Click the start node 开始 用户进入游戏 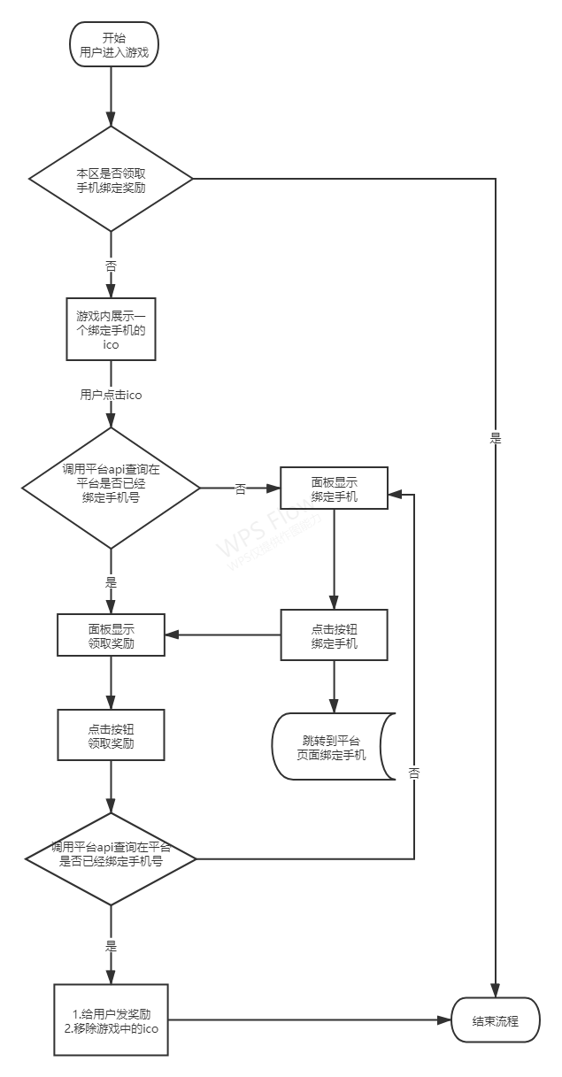[x=112, y=45]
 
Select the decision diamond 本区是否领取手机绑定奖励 [x=112, y=180]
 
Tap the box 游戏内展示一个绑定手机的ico [x=112, y=329]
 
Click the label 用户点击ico [x=111, y=395]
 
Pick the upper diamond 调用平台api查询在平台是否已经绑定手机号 [x=112, y=487]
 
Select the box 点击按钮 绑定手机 [x=335, y=635]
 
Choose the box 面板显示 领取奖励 [x=112, y=635]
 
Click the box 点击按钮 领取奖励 [x=112, y=735]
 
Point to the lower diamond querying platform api [x=111, y=858]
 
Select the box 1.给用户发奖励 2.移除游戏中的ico [x=112, y=1019]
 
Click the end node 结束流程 [x=495, y=1020]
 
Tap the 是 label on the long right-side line [x=496, y=438]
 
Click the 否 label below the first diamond [x=111, y=265]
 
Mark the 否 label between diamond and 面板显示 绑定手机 [x=240, y=488]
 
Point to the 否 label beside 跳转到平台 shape [x=414, y=773]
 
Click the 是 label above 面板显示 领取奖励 [x=111, y=582]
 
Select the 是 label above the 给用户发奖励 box [x=111, y=945]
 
